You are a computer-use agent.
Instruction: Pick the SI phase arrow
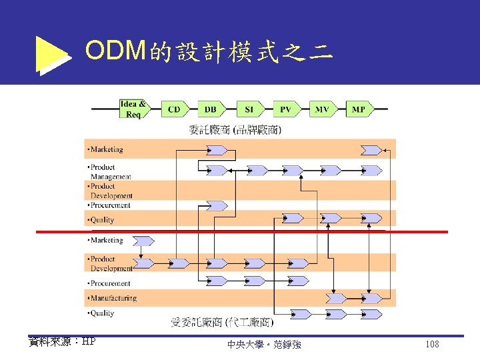(x=249, y=109)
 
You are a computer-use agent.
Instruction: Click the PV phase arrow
(x=285, y=109)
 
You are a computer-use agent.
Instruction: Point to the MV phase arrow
(x=323, y=109)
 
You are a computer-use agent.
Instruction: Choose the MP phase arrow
(x=359, y=109)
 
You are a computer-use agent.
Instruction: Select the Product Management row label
(x=110, y=171)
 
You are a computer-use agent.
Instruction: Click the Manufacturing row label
(x=113, y=298)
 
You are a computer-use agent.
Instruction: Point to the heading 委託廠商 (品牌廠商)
(x=235, y=129)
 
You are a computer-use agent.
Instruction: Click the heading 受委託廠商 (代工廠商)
(x=221, y=323)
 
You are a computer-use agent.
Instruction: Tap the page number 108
(x=431, y=344)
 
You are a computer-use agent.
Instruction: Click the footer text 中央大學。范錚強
(x=264, y=345)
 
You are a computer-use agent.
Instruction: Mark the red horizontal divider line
(x=240, y=231)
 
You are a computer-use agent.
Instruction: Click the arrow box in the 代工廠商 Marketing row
(x=143, y=241)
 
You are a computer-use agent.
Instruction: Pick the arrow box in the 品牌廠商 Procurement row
(x=216, y=205)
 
